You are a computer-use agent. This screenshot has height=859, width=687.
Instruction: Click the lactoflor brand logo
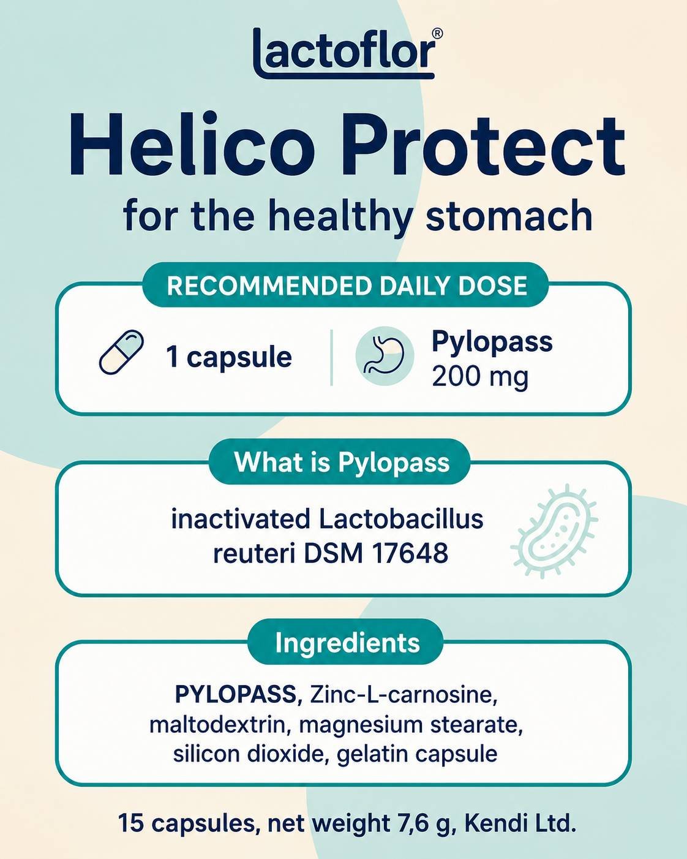344,53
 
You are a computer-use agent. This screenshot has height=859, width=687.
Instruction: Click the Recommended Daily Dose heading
347,286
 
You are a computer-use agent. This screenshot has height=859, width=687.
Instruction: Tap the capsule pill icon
121,352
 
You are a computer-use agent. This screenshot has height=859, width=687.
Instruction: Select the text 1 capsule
228,357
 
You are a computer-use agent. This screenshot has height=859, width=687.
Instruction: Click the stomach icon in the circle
385,355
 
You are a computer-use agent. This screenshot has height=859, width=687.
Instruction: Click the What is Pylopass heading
342,462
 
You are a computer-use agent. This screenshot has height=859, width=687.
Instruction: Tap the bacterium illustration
555,534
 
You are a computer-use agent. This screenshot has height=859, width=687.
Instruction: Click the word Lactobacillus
401,520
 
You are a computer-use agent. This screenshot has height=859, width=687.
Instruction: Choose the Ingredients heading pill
346,643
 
